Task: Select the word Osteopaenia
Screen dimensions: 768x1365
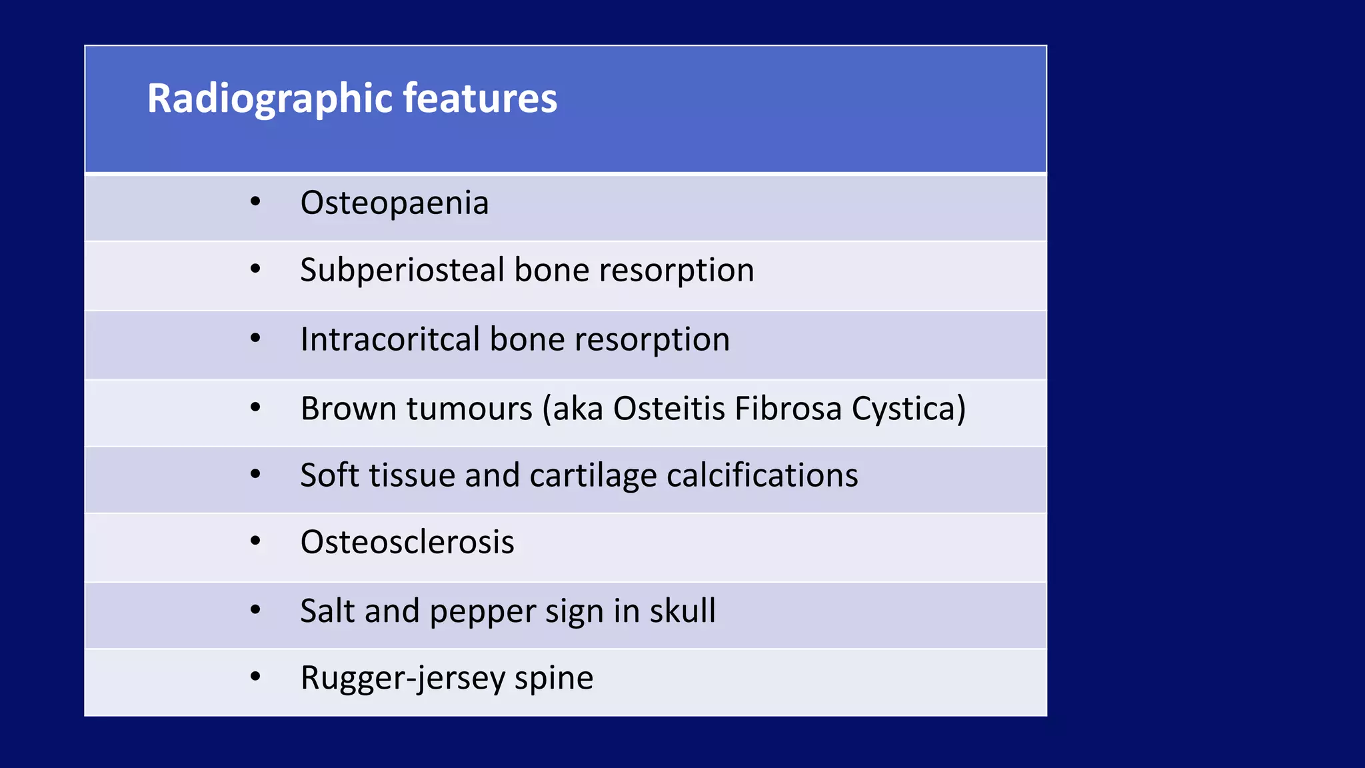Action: pos(395,203)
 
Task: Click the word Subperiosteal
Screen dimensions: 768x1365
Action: pos(402,271)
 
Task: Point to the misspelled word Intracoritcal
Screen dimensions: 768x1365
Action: pos(390,339)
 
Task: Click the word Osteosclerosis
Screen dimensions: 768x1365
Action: pos(407,541)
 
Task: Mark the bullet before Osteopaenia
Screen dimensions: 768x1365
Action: pos(255,201)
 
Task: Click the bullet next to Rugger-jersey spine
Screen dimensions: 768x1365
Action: pos(255,677)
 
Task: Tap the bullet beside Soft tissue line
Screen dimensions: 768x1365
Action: pos(255,474)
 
